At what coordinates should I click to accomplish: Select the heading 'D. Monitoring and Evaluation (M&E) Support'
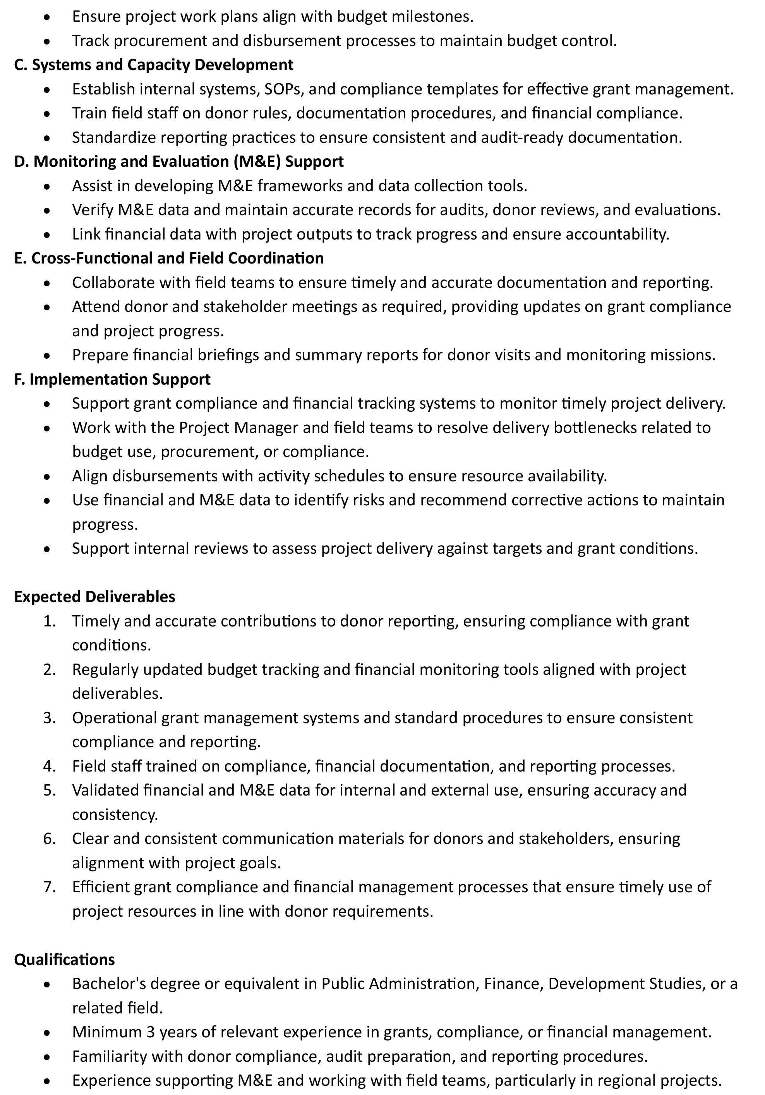tap(178, 162)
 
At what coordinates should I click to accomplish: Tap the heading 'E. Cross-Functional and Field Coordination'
tap(168, 258)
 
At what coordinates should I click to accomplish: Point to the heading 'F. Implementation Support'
tap(112, 379)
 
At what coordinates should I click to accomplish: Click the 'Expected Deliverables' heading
tap(94, 597)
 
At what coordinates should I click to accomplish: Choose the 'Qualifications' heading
tap(64, 960)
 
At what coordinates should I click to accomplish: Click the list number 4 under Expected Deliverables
tap(50, 766)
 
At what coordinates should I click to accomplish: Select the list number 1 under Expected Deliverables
tap(50, 621)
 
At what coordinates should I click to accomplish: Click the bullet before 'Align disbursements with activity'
tap(46, 476)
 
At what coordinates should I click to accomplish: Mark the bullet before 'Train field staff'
tap(46, 113)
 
